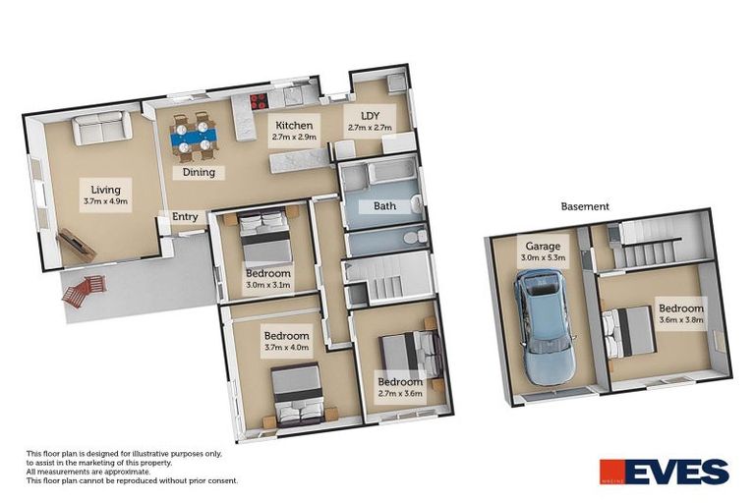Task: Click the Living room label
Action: click(106, 190)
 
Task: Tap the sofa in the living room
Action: click(99, 129)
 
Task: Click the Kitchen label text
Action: click(294, 126)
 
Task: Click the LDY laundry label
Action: click(370, 115)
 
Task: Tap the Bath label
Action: click(384, 206)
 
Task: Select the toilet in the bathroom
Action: click(419, 237)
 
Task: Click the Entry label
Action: click(185, 217)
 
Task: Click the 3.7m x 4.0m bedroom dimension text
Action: click(286, 347)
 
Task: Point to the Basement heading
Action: click(585, 206)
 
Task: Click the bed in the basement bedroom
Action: click(629, 330)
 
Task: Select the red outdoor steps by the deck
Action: click(83, 289)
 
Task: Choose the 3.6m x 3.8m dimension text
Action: click(681, 318)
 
